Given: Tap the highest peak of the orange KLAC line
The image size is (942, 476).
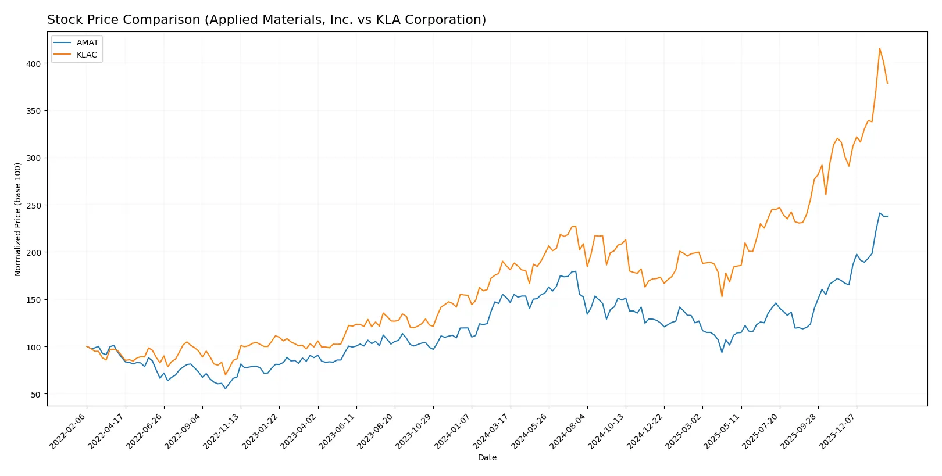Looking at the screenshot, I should pyautogui.click(x=879, y=48).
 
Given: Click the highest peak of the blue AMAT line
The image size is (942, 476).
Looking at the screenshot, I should pyautogui.click(x=879, y=213).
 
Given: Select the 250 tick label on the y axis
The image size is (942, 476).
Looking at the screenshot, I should pyautogui.click(x=34, y=205).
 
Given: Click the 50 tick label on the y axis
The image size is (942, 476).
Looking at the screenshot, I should pyautogui.click(x=36, y=394).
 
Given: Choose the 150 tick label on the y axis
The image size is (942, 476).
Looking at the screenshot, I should pyautogui.click(x=34, y=300).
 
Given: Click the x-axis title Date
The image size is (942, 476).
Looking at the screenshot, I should pyautogui.click(x=487, y=457).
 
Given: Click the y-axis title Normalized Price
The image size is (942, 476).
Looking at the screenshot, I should pyautogui.click(x=17, y=219).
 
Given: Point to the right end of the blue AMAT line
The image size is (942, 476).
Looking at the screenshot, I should pyautogui.click(x=887, y=216).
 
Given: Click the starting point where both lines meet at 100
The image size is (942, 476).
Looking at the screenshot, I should pyautogui.click(x=87, y=346).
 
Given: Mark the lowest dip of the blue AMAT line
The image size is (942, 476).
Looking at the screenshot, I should pyautogui.click(x=225, y=388).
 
